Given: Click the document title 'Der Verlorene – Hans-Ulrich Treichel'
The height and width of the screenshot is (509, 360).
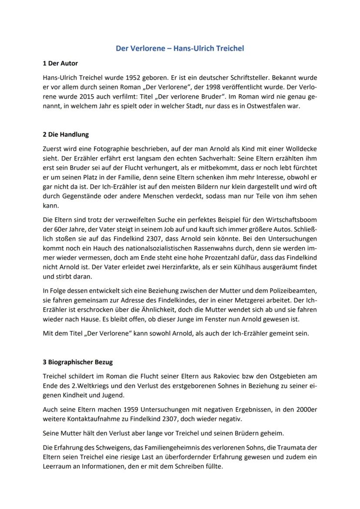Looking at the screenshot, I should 180,48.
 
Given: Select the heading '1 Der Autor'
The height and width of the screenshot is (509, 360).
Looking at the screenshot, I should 60,63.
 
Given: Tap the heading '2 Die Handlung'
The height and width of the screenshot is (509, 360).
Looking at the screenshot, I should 66,135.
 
